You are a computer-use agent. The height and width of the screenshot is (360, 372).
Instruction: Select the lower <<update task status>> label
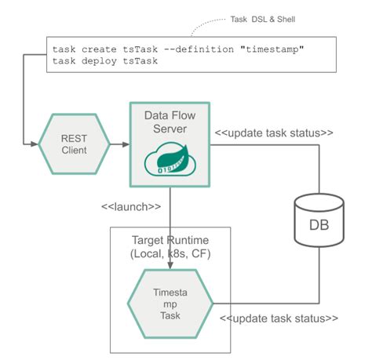pyautogui.click(x=279, y=318)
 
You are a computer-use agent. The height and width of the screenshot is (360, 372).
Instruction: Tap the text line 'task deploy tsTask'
pyautogui.click(x=106, y=62)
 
